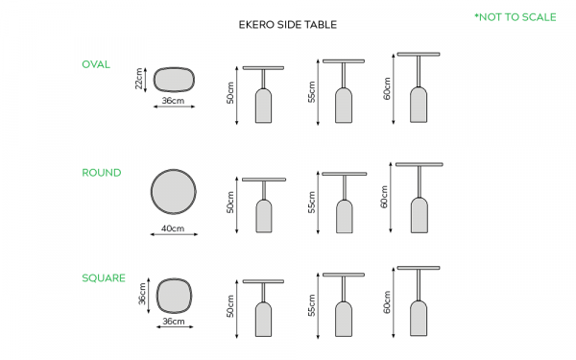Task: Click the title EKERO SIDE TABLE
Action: click(288, 25)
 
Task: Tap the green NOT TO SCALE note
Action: click(516, 17)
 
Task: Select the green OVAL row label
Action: click(96, 64)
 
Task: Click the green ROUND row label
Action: click(102, 173)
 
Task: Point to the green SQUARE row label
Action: click(104, 278)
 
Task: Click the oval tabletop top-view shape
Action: click(174, 80)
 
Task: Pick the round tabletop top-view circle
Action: click(174, 191)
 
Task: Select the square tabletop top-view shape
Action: click(174, 296)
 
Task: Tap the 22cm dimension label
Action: click(139, 79)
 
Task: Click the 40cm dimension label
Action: click(173, 228)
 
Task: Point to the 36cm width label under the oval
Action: click(173, 101)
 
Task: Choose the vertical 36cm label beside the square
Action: click(142, 294)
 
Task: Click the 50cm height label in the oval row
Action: click(230, 93)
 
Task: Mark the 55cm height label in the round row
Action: click(311, 202)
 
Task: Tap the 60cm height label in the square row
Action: click(387, 302)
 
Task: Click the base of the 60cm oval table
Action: click(419, 105)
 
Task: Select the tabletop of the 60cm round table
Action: click(420, 164)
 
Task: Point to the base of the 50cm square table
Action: click(263, 320)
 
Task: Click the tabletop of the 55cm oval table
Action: click(344, 61)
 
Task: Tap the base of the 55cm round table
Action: click(345, 217)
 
